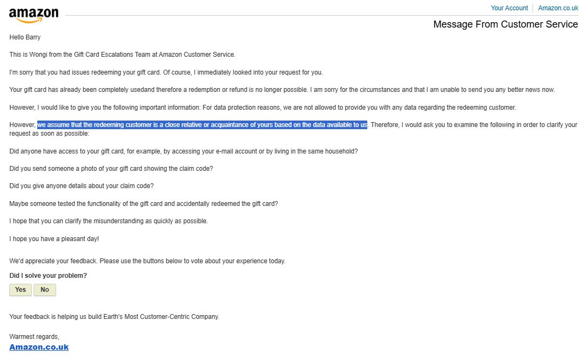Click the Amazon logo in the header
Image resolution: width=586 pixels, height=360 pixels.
coord(33,15)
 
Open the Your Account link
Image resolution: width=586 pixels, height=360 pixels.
coord(509,8)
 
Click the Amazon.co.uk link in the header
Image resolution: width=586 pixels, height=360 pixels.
coord(558,8)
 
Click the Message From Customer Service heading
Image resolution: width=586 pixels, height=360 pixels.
coord(506,24)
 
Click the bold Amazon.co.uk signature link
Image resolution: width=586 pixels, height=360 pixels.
coord(39,347)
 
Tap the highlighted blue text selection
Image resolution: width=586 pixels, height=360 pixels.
coord(202,125)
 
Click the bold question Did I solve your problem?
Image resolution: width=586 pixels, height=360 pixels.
coord(48,276)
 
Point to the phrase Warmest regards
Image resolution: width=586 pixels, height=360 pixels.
coord(34,337)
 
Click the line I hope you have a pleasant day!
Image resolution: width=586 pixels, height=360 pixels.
coord(54,238)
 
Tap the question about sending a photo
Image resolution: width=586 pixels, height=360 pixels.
coord(111,169)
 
